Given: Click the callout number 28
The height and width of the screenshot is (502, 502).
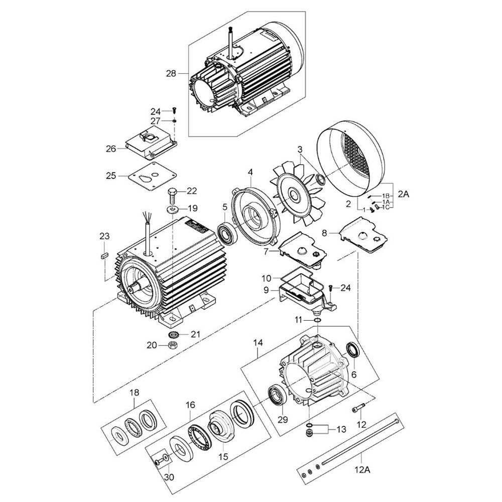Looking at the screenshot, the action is point(171,74).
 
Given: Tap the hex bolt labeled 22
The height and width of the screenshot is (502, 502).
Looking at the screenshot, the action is point(172,195).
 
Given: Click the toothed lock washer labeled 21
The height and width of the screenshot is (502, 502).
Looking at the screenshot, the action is point(173,335).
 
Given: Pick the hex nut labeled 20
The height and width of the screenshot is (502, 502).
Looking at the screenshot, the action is point(173,345).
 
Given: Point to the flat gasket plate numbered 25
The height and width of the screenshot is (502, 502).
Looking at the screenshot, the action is point(152,175).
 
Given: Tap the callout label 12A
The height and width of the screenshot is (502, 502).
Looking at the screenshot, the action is point(362,470).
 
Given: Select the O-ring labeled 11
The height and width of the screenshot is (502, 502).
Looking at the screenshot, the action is point(317,320).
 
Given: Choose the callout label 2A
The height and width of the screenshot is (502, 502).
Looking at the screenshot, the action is point(404,194).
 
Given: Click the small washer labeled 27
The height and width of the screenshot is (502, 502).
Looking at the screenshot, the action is point(175,121).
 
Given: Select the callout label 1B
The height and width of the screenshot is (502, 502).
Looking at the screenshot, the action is point(386,196).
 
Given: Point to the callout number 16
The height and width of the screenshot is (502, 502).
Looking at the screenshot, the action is point(190,405).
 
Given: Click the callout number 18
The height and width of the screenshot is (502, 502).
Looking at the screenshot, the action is point(134,393).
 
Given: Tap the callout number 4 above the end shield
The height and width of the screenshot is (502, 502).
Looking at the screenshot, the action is point(250,172).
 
